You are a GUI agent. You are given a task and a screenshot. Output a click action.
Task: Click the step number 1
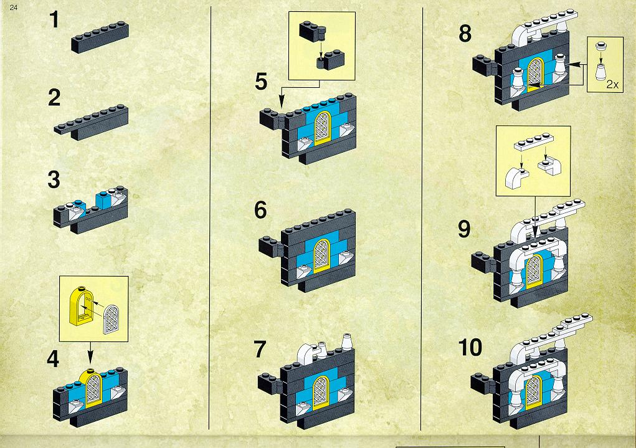coord(54,19)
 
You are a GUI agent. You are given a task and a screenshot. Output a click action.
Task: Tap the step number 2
coord(54,98)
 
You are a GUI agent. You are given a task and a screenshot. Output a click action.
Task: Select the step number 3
coord(54,180)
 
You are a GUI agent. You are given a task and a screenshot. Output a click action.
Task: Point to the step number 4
coord(53,359)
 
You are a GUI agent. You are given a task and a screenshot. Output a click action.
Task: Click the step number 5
coord(261,82)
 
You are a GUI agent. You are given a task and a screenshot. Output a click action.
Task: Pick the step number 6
coord(261,210)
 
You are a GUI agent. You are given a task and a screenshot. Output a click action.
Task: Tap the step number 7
coord(260,350)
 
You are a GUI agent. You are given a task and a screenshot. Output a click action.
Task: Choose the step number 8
coord(465,34)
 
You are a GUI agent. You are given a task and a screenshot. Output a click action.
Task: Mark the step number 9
coord(465,229)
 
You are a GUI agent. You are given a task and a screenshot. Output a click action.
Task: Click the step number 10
coord(470,347)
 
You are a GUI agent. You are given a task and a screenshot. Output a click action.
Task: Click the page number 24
coord(13,7)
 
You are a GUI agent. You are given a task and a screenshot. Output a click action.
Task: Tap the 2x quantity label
coord(612,84)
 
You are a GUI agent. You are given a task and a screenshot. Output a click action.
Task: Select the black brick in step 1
coord(100,38)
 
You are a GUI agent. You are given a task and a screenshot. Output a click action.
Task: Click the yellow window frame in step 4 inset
coord(82,306)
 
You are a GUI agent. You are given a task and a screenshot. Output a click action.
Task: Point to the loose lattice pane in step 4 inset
coord(112,320)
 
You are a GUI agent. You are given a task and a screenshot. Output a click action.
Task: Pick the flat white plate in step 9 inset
coord(534,141)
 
